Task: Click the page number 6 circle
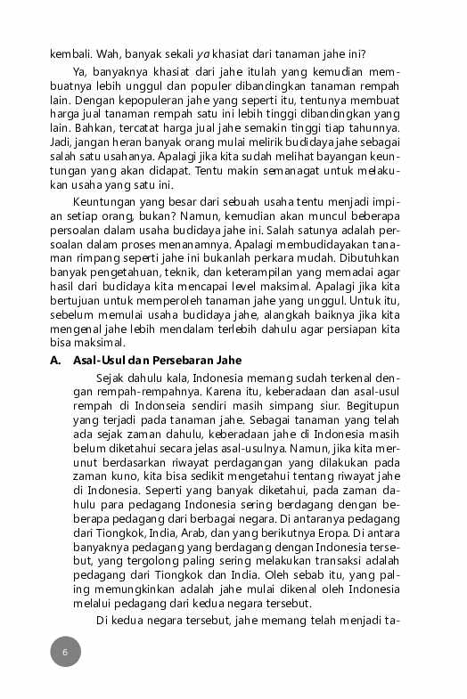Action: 65,651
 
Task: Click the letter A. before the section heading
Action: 55,360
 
